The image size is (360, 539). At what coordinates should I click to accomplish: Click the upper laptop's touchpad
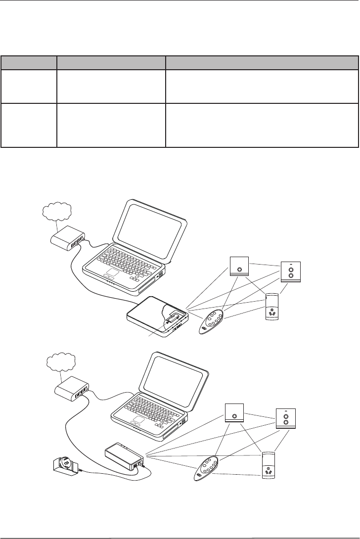[113, 274]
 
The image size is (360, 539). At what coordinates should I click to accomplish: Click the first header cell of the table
[29, 62]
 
